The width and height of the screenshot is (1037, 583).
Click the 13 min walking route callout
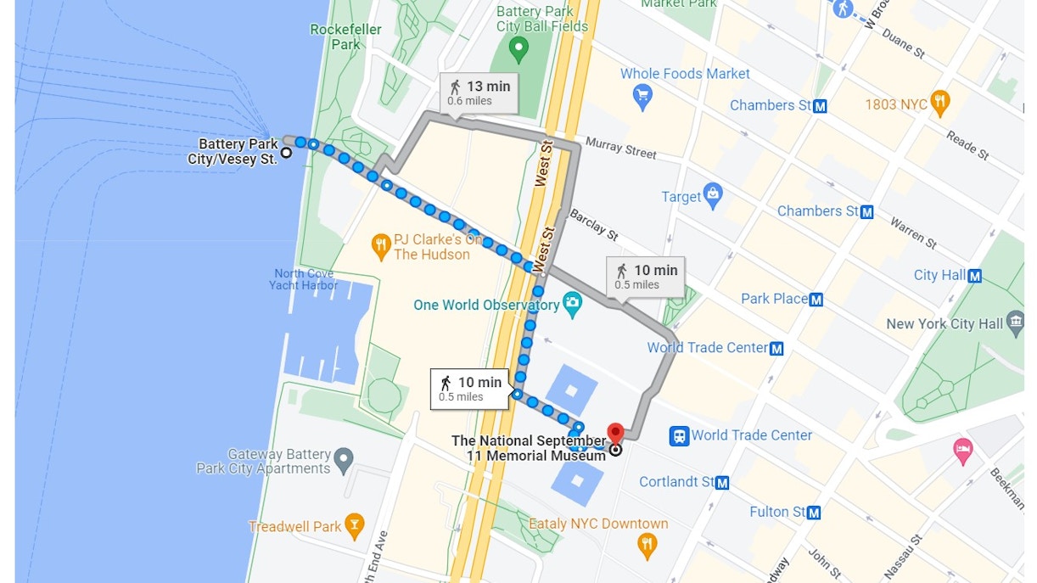(x=479, y=92)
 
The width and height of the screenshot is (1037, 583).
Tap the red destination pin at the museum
(x=615, y=434)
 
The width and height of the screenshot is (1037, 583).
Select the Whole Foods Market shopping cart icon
(x=643, y=97)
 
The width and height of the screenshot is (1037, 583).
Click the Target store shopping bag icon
(x=713, y=196)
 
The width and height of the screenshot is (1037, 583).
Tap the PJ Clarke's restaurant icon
(x=381, y=247)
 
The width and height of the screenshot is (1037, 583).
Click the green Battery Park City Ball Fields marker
(x=518, y=50)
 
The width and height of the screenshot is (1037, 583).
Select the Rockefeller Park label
(x=345, y=36)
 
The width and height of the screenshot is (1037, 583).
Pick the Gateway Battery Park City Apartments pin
(x=344, y=461)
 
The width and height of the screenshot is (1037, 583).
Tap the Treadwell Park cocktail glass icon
(x=354, y=526)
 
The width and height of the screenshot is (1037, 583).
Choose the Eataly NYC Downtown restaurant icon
(x=647, y=545)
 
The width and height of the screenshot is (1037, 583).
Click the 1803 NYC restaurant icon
(x=939, y=104)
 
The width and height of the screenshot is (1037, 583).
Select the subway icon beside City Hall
(x=975, y=275)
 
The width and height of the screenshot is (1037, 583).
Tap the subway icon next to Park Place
(x=816, y=299)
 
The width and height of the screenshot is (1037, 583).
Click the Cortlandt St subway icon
(x=722, y=482)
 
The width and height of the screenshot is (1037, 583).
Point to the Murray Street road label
(x=620, y=148)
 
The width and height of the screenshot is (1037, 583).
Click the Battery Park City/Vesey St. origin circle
(x=287, y=153)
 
